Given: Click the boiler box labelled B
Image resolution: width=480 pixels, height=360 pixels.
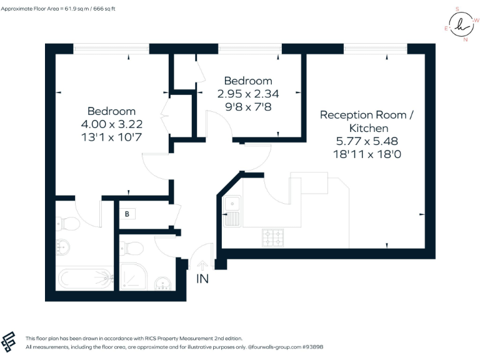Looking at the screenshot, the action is pos(127,214).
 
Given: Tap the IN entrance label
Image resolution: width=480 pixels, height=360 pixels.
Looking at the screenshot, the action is pos(202,279).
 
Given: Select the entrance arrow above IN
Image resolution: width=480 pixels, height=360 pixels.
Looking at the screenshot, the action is pos(202,265).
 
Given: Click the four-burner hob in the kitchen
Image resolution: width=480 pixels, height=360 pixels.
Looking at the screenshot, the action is pos(272,238).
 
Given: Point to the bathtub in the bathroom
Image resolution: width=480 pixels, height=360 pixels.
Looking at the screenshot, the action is pos(86,279).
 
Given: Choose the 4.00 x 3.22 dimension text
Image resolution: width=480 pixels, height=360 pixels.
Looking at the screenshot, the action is pos(112,124).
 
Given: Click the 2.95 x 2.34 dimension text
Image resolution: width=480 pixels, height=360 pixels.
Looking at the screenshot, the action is pos(248,94).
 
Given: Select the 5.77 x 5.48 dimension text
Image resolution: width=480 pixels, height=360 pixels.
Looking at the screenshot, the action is pos(367,141).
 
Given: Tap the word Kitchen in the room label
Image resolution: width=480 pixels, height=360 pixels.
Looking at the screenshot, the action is pos(369,128).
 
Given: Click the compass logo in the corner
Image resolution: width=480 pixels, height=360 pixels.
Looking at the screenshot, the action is pos(462,24).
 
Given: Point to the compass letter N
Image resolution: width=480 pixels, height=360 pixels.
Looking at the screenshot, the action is pos(466,39).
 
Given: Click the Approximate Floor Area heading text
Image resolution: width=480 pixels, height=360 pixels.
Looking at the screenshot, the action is pos(58,9).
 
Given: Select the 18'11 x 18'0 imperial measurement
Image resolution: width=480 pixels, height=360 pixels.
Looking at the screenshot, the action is pos(367,154).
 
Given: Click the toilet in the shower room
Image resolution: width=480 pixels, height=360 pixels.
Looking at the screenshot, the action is pos(132,248).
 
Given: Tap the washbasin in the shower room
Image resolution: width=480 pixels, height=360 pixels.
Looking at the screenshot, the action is pos(162,284).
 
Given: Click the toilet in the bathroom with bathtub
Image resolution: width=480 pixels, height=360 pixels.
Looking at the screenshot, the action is pos(68,224).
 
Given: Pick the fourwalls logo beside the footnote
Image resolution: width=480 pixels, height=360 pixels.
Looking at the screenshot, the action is pos(8,342).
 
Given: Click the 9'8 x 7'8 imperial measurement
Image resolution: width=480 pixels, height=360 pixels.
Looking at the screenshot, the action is pos(248,107).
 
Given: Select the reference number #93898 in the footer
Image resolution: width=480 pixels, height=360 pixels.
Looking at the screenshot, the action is pos(312,347).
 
